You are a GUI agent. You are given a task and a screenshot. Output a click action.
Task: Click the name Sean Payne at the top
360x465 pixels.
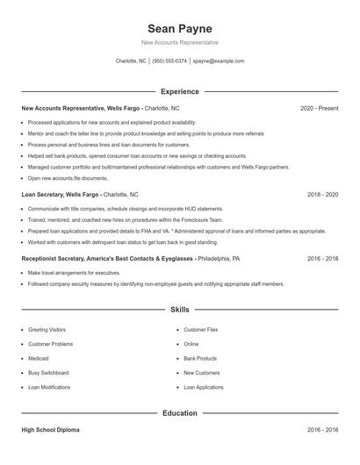[x=180, y=28]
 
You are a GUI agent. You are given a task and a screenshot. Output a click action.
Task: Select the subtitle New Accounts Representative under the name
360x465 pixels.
[x=180, y=42]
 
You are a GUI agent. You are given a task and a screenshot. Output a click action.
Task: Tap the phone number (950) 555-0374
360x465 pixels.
[x=169, y=61]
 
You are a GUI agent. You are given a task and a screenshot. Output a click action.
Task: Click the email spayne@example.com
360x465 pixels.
[x=219, y=61]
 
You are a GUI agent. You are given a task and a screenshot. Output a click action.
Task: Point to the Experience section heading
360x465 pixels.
[x=180, y=91]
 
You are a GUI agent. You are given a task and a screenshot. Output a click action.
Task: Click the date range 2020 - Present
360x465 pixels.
[x=319, y=108]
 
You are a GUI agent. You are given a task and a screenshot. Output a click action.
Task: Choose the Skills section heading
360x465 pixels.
[x=180, y=310]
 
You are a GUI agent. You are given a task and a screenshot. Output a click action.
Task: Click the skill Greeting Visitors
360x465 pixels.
[x=47, y=330]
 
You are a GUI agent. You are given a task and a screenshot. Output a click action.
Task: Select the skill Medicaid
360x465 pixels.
[x=39, y=358]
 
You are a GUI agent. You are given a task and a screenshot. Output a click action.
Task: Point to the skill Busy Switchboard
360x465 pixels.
[x=48, y=372]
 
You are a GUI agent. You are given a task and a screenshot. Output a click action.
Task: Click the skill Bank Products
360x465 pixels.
[x=200, y=358]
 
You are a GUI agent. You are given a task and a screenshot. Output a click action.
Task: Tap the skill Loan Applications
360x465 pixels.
[x=204, y=386]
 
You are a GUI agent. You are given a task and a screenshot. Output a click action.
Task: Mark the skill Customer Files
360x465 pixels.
[x=201, y=330]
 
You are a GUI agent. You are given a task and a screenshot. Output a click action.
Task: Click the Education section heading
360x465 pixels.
[x=180, y=412]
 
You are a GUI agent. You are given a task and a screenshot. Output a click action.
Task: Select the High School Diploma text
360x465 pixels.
[x=51, y=430]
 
